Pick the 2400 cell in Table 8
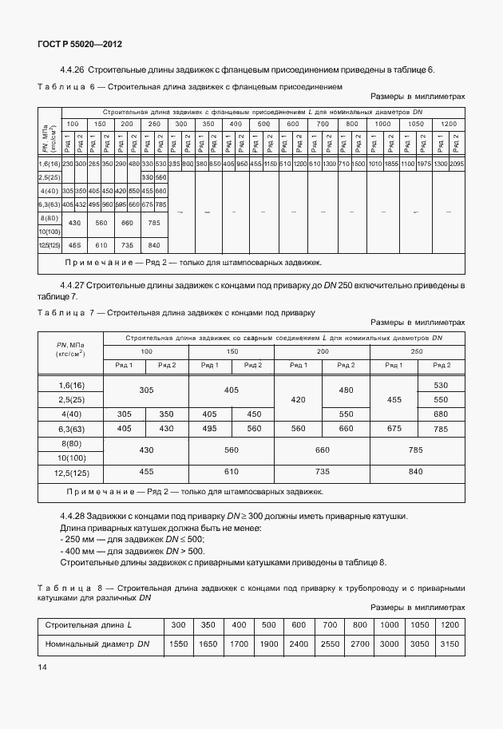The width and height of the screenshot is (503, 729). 299,643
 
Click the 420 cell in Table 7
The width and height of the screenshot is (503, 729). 297,399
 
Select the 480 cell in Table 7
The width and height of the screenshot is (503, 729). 346,390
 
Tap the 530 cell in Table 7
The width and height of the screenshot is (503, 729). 441,385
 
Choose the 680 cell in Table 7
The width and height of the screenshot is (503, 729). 441,414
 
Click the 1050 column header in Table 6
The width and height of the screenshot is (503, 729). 416,124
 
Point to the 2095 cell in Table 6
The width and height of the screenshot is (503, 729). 457,163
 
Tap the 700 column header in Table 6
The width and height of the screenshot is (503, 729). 323,124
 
